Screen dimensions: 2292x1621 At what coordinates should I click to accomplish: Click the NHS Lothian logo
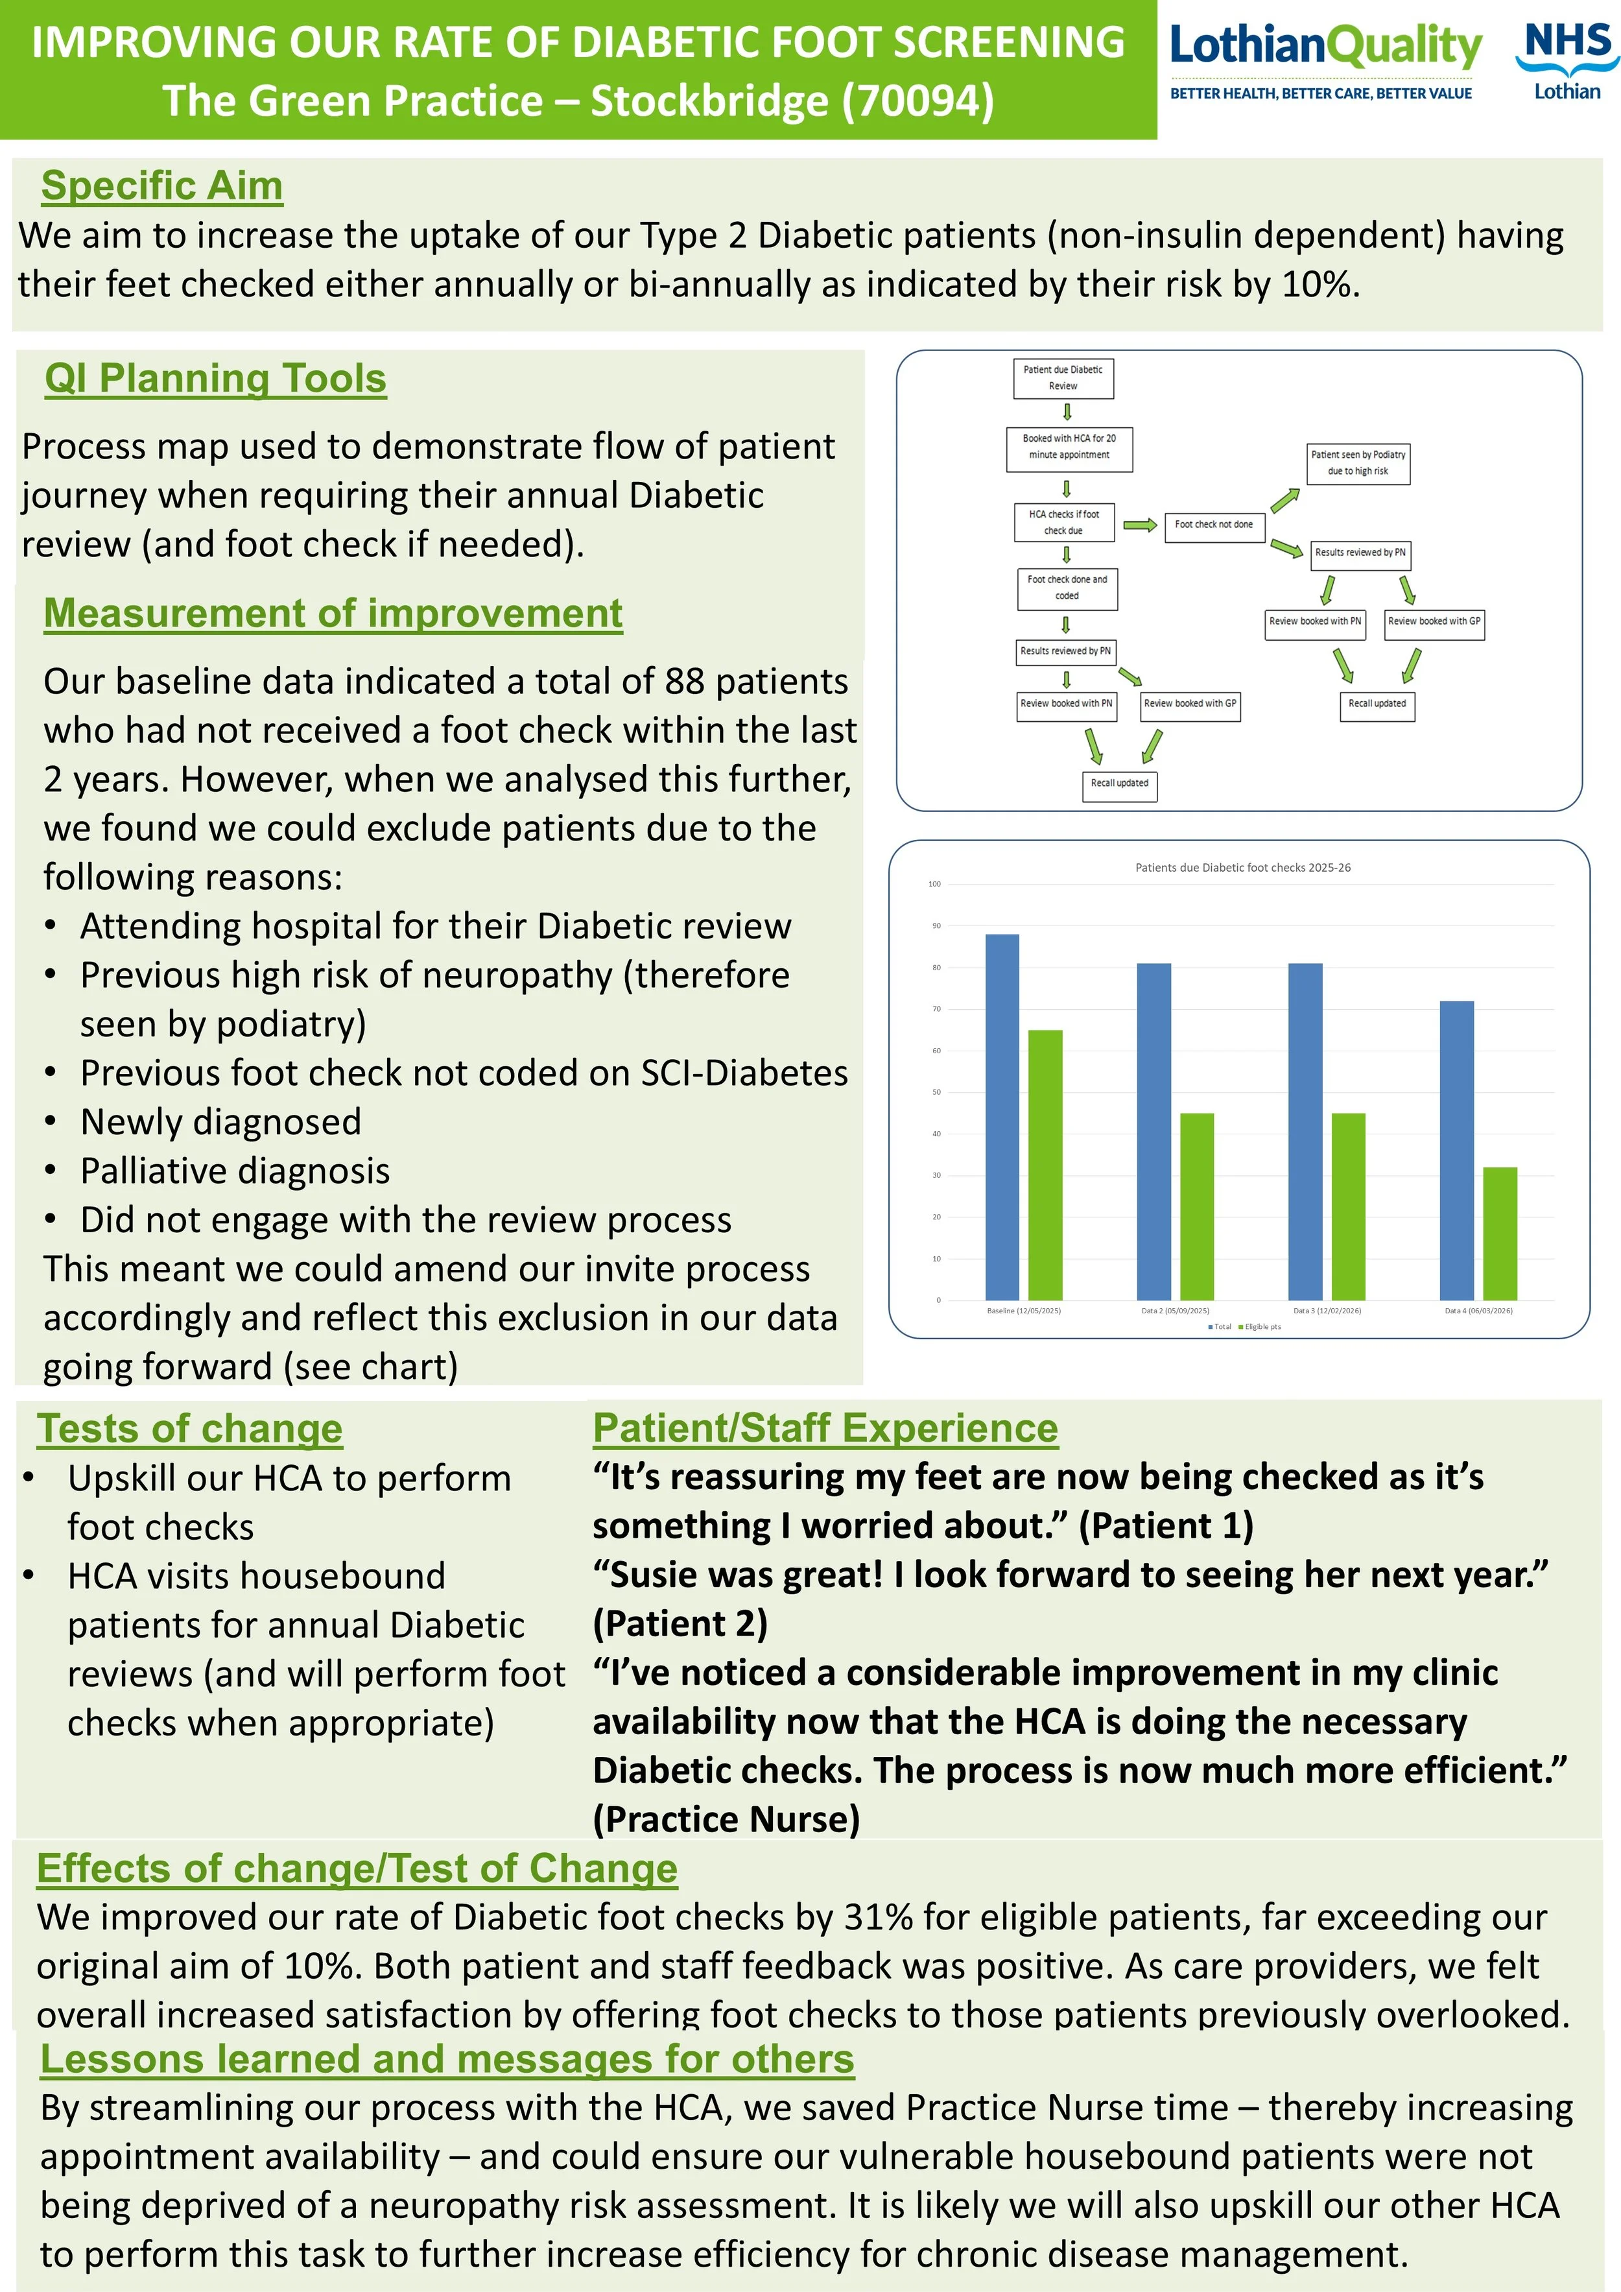coord(1565,61)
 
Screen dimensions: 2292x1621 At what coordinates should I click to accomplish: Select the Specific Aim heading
coord(161,185)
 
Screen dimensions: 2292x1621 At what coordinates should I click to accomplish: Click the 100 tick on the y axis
coord(934,883)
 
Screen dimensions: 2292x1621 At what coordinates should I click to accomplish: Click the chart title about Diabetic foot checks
coord(1243,868)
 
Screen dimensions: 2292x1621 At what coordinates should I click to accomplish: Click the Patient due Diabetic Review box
coord(1062,377)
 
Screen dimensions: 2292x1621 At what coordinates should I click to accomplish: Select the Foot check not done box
coord(1214,525)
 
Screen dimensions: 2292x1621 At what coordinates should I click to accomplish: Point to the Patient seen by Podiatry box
coord(1358,463)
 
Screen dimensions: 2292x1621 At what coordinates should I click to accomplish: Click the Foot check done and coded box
coord(1067,588)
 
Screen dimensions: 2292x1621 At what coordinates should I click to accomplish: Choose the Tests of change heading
coord(189,1429)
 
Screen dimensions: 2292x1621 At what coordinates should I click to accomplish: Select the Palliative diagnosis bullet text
coord(235,1171)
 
